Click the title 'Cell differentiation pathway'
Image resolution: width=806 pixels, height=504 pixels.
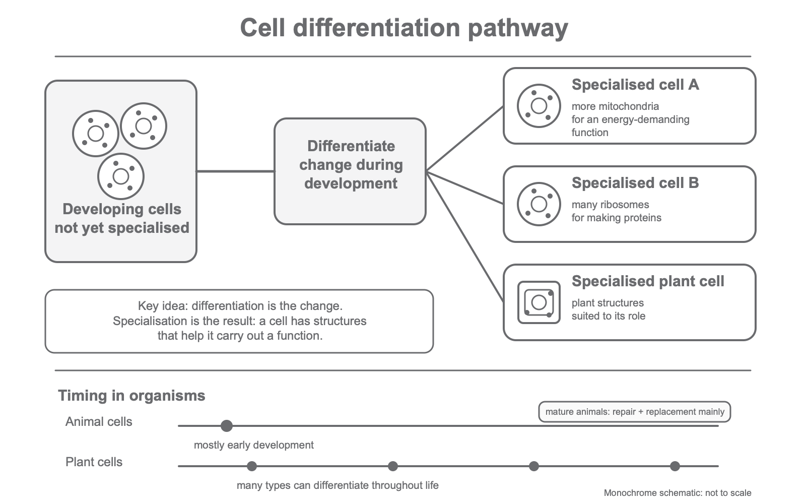(x=404, y=28)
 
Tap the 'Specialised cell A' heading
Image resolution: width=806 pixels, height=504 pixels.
(x=635, y=85)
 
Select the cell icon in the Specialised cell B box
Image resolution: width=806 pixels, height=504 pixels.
(x=539, y=204)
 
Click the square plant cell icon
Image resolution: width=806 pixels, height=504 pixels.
(x=539, y=302)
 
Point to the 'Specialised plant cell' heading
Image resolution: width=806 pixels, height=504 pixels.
(x=648, y=281)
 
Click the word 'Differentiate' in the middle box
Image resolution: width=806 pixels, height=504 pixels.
(x=351, y=146)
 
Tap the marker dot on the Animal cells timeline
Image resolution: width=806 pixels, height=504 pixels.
(x=227, y=426)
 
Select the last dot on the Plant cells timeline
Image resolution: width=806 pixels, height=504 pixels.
(x=675, y=466)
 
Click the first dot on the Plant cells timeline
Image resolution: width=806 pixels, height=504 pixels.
(x=252, y=466)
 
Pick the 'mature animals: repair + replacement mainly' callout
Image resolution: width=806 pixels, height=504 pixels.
(x=634, y=412)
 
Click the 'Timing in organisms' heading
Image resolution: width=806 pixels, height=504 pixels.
(x=131, y=396)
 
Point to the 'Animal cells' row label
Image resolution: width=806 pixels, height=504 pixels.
(x=99, y=421)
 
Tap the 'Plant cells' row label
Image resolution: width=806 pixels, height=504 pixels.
(x=94, y=462)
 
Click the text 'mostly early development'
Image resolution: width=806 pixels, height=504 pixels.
(x=254, y=446)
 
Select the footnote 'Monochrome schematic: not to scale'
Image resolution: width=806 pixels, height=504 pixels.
(x=678, y=493)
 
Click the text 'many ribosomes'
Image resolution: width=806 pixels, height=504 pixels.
(x=610, y=205)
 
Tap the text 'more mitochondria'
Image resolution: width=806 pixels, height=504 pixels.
(x=615, y=106)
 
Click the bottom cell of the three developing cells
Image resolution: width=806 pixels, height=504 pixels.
(x=121, y=176)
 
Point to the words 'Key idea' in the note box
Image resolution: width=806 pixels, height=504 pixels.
(x=163, y=306)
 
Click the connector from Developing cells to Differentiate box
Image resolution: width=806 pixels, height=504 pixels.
(x=236, y=171)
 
